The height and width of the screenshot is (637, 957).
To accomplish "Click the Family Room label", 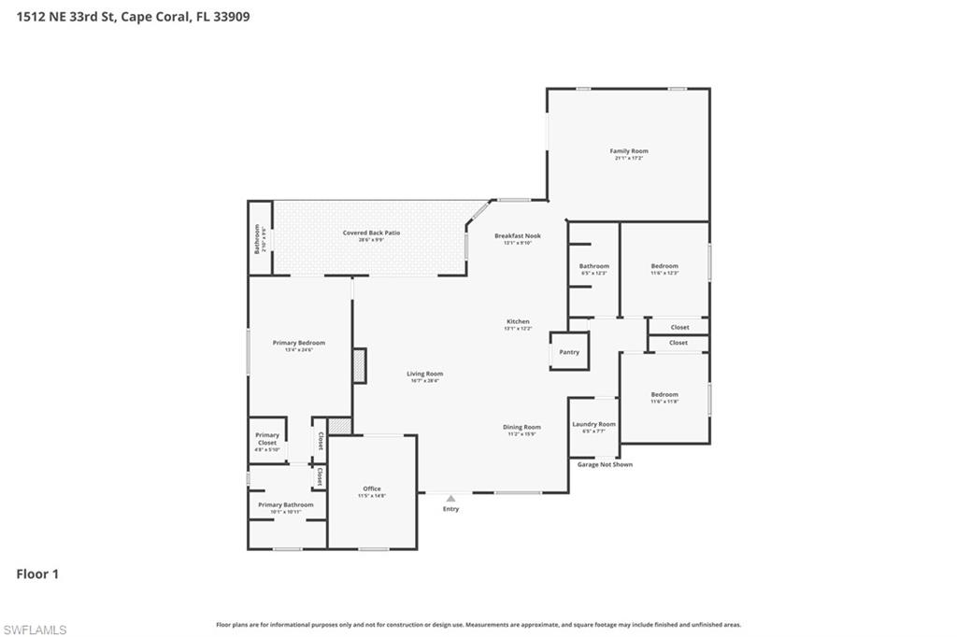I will click(628, 151).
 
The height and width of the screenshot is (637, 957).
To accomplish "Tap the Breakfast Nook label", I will click(517, 236).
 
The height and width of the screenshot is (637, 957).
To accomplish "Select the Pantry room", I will click(569, 352).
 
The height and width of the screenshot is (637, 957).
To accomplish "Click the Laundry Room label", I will click(593, 424).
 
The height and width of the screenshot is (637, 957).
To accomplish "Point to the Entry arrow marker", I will click(450, 499).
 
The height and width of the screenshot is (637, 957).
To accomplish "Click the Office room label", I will click(372, 489).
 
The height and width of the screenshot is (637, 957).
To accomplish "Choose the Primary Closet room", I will click(267, 439).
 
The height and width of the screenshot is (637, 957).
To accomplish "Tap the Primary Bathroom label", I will click(286, 505).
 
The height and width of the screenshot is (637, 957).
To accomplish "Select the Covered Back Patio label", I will click(371, 233).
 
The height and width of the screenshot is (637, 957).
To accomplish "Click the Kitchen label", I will click(518, 321).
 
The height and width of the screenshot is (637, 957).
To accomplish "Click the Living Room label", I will click(424, 374).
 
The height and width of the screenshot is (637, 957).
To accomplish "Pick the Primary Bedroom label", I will click(298, 343).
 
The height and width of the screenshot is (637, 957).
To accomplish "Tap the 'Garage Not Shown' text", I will click(605, 464).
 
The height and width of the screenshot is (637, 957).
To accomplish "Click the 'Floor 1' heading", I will click(37, 574).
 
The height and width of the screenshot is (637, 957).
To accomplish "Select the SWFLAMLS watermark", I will click(35, 630).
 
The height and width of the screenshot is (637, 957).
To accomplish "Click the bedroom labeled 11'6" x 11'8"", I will click(664, 395).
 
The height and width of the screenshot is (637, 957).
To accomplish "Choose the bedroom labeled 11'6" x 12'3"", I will click(664, 266).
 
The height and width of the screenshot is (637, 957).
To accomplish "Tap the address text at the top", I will click(133, 16).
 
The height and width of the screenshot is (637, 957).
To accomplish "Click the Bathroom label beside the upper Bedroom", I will click(593, 266).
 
